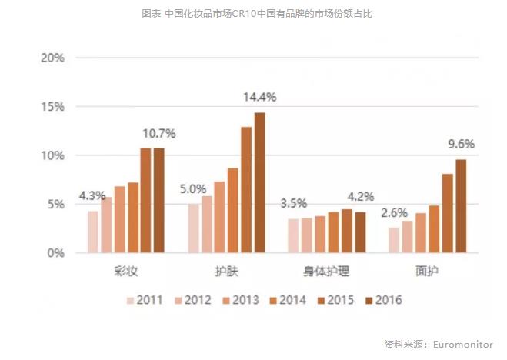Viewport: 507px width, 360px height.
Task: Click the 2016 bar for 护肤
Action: point(259,182)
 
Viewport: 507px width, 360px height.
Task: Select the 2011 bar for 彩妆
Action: point(93,232)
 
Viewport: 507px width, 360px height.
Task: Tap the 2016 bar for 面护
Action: point(461,205)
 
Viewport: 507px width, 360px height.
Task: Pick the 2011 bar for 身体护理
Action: point(293,235)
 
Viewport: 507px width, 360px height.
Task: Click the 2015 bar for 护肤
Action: point(246,189)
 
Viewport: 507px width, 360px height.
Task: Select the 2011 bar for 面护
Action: point(394,239)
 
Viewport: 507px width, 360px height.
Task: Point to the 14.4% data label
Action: point(259,98)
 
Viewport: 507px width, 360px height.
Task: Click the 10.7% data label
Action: point(159,133)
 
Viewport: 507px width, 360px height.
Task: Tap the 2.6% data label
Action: point(393,212)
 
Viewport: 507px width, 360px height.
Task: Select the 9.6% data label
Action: point(462,144)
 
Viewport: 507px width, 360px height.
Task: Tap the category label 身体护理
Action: point(326,272)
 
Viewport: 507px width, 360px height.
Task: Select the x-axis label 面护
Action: point(427,272)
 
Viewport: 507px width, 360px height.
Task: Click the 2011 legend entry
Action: point(145,300)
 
